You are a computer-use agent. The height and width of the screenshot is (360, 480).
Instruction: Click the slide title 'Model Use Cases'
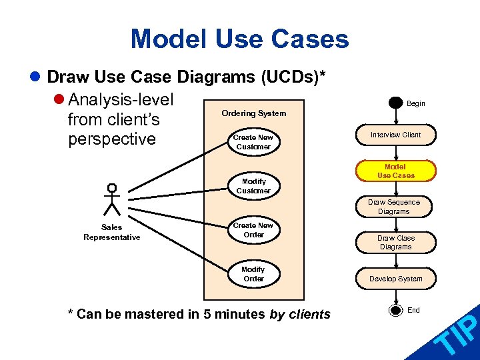point(239,39)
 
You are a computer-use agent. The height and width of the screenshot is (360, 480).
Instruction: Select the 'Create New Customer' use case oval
point(253,142)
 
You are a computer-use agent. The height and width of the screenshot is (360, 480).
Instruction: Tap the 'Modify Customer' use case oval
point(253,186)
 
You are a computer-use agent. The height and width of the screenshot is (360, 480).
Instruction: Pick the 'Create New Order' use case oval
point(253,230)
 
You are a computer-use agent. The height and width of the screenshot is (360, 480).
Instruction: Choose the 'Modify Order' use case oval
point(253,274)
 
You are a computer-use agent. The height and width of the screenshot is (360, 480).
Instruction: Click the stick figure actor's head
point(112,188)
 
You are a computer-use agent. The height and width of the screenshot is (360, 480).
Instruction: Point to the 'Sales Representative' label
point(111,232)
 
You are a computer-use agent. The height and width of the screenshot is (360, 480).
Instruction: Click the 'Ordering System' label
point(253,113)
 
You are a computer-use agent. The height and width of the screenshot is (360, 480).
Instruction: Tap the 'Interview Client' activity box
point(395,135)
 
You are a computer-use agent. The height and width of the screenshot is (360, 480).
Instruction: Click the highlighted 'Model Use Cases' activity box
point(395,171)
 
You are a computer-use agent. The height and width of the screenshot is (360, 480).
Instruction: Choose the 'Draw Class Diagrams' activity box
point(395,242)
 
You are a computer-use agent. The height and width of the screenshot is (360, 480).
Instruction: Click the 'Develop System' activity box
point(395,279)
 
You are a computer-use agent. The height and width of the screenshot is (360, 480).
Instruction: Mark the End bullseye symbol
point(396,310)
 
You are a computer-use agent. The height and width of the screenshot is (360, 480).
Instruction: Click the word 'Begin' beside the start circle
point(415,103)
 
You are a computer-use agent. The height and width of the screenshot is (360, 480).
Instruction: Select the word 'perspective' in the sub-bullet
point(111,139)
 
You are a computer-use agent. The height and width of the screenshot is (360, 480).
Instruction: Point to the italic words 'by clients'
point(299,314)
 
